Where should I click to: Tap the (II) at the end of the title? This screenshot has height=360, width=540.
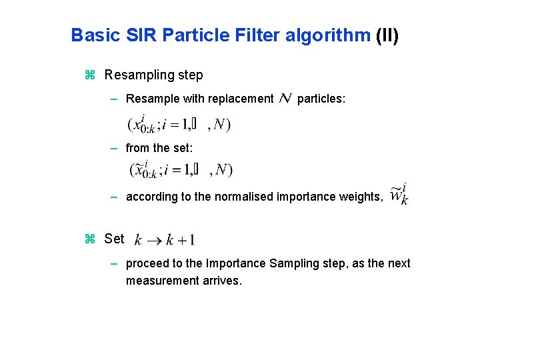[x=387, y=35]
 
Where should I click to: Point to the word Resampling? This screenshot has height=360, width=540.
[x=137, y=75]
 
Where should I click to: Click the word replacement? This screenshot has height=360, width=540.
[x=241, y=99]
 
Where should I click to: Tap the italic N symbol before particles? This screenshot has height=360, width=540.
[x=285, y=99]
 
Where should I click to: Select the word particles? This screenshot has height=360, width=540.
[x=321, y=99]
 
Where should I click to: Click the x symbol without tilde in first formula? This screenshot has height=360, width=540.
[x=138, y=124]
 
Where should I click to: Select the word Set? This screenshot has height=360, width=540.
[x=114, y=238]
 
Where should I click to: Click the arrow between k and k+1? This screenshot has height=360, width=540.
[x=154, y=240]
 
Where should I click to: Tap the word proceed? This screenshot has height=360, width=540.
[x=148, y=264]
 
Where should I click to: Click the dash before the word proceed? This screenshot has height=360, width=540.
[x=115, y=264]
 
